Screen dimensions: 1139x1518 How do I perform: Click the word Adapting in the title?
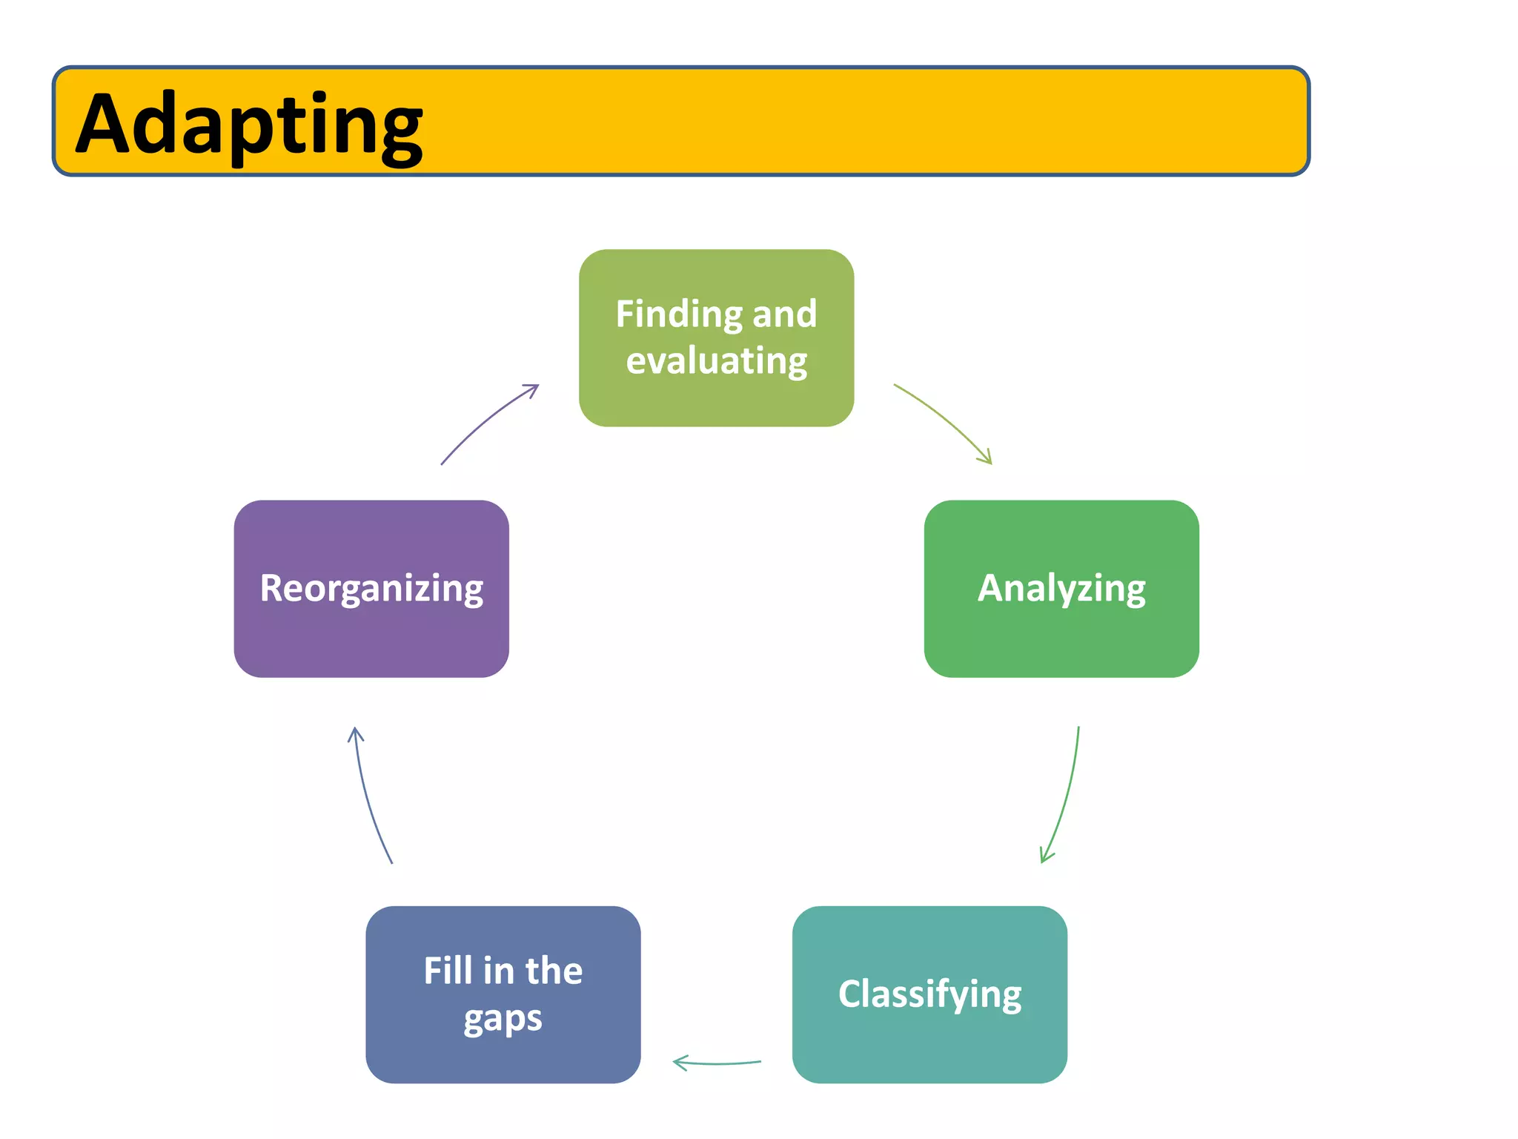[249, 125]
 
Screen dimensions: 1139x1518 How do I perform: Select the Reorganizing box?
[371, 589]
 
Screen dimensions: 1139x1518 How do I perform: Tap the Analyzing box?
[1061, 589]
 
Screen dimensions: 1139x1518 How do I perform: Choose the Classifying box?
[929, 994]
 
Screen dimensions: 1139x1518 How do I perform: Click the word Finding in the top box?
[678, 314]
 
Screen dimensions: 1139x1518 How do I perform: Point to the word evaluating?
[717, 361]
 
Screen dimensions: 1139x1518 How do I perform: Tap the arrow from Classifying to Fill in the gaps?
[716, 1063]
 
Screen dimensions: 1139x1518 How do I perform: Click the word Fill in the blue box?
[448, 971]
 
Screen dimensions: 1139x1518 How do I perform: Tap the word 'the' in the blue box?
[554, 971]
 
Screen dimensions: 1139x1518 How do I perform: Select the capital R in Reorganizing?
[272, 588]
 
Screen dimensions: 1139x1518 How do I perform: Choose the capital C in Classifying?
[851, 994]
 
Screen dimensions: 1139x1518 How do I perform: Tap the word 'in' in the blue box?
[498, 971]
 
